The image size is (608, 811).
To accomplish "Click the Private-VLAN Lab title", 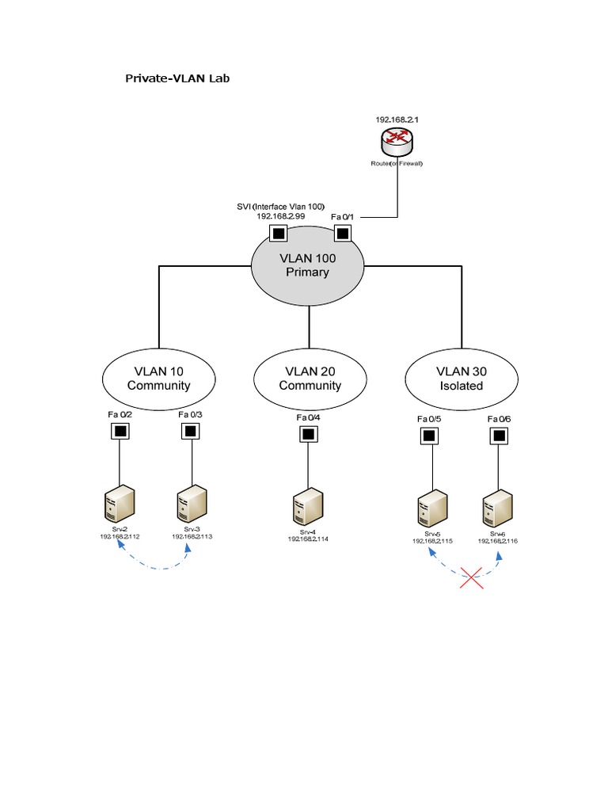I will click(x=178, y=78).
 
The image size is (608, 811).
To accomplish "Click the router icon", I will click(x=397, y=143).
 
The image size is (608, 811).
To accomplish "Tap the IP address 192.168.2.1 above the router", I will click(x=397, y=120).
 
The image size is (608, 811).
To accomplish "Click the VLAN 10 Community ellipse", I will click(x=159, y=378).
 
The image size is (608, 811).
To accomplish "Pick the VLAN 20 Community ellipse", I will click(x=310, y=378).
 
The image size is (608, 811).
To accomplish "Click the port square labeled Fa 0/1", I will click(x=342, y=233).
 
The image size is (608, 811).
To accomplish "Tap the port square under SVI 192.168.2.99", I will click(x=278, y=233).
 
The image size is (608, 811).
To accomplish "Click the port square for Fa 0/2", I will click(x=120, y=432).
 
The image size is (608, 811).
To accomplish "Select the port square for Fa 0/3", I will click(x=190, y=432).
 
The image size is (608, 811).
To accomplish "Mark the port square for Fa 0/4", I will click(x=308, y=434).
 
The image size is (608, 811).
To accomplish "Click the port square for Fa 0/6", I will click(x=499, y=435).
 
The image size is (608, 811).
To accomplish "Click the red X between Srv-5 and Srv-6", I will click(x=472, y=577).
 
